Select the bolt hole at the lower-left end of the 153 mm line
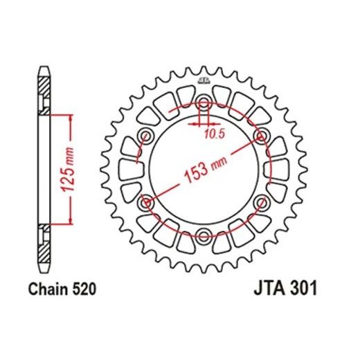(x=147, y=202)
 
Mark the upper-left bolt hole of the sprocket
(x=147, y=136)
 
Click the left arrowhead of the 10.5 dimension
(x=197, y=125)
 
